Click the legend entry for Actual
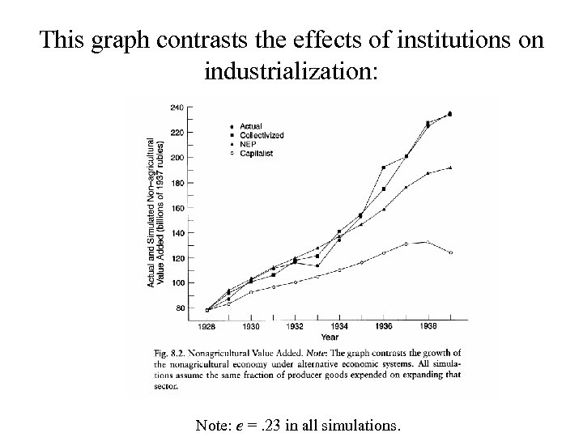(x=252, y=126)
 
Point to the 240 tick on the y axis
(x=177, y=107)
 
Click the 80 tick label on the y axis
(x=179, y=308)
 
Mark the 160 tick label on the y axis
(x=177, y=208)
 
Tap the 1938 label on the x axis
(x=428, y=326)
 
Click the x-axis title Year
(x=330, y=337)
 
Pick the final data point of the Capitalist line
(x=450, y=252)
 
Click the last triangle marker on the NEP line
(x=450, y=168)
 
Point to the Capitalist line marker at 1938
(x=428, y=241)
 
